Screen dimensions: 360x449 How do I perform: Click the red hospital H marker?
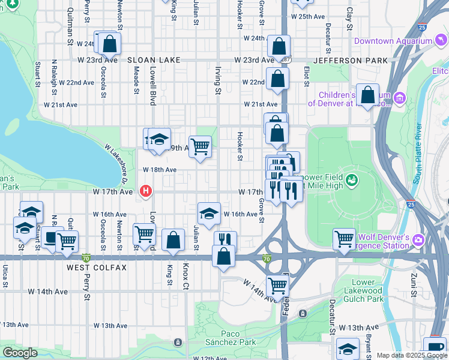pyautogui.click(x=145, y=192)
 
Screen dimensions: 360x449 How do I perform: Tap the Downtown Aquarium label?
pyautogui.click(x=393, y=41)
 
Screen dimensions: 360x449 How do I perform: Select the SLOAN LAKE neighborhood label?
pyautogui.click(x=151, y=61)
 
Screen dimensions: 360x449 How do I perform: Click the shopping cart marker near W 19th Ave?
pyautogui.click(x=200, y=146)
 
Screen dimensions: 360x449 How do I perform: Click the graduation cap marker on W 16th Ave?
pyautogui.click(x=208, y=213)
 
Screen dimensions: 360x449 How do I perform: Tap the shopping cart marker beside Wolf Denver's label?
pyautogui.click(x=344, y=238)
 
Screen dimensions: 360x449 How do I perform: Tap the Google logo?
pyautogui.click(x=20, y=353)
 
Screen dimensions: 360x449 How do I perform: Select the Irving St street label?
pyautogui.click(x=217, y=80)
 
